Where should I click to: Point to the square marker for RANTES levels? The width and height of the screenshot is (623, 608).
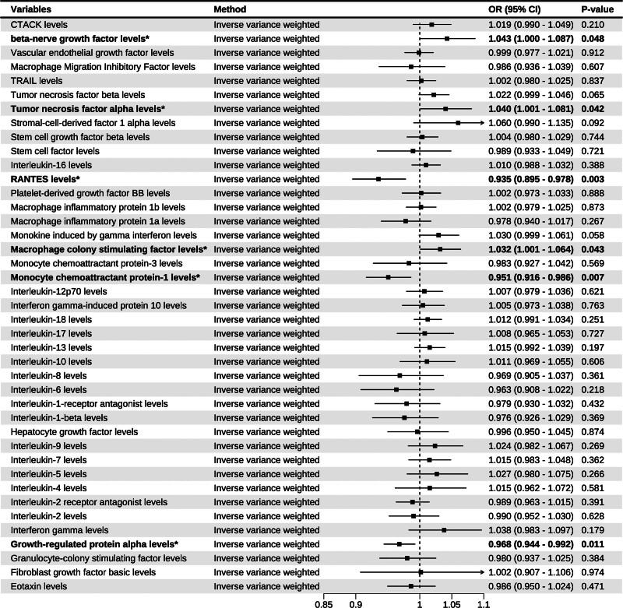point(378,179)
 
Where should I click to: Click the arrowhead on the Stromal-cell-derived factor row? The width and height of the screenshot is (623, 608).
point(481,123)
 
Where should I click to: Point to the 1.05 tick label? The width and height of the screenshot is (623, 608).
point(452,602)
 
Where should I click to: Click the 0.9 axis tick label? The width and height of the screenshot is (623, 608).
point(355,602)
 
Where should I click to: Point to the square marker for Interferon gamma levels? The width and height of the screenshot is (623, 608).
point(444,529)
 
